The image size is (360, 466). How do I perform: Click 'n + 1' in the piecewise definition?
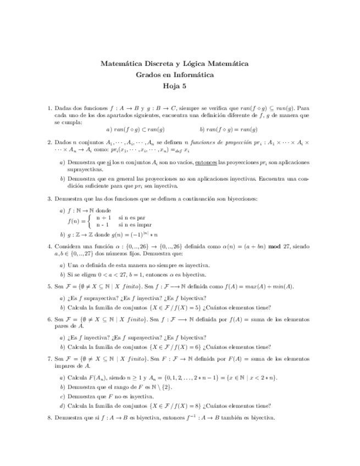(x=103, y=218)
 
